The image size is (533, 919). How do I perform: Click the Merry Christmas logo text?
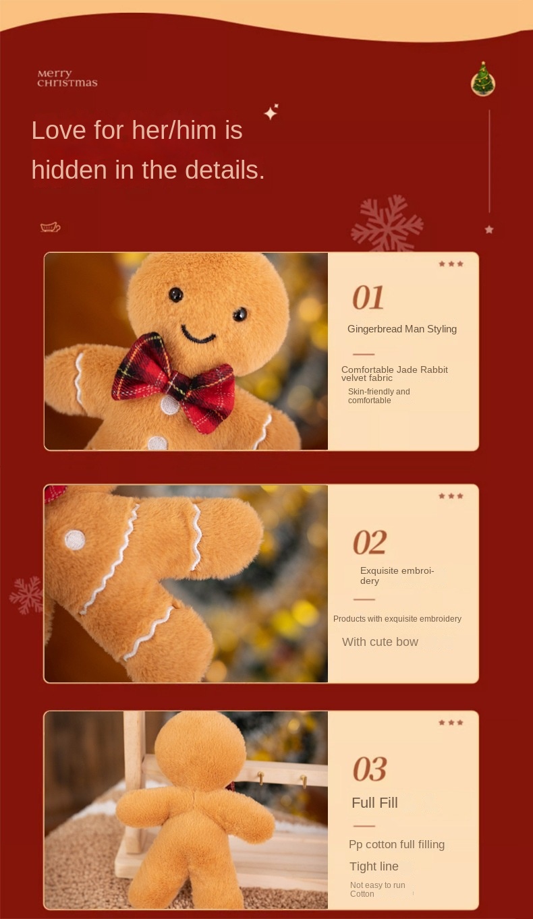67,78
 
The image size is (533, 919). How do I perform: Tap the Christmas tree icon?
482,80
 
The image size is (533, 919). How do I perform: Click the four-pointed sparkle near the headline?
271,112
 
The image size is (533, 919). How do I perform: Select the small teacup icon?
50,227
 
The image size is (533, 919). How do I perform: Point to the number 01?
368,297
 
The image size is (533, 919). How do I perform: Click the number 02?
370,542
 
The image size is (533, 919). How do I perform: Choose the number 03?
370,769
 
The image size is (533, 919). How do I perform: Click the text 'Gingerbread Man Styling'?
402,329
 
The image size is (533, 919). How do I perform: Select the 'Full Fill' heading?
374,802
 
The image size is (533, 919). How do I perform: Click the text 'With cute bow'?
380,642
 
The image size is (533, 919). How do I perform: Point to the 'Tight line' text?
374,866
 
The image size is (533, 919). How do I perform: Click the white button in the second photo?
75,539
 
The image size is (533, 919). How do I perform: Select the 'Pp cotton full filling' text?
397,844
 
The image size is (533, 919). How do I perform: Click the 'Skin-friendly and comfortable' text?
378,396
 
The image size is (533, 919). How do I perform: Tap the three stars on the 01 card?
451,264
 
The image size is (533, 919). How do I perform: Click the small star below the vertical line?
489,229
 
